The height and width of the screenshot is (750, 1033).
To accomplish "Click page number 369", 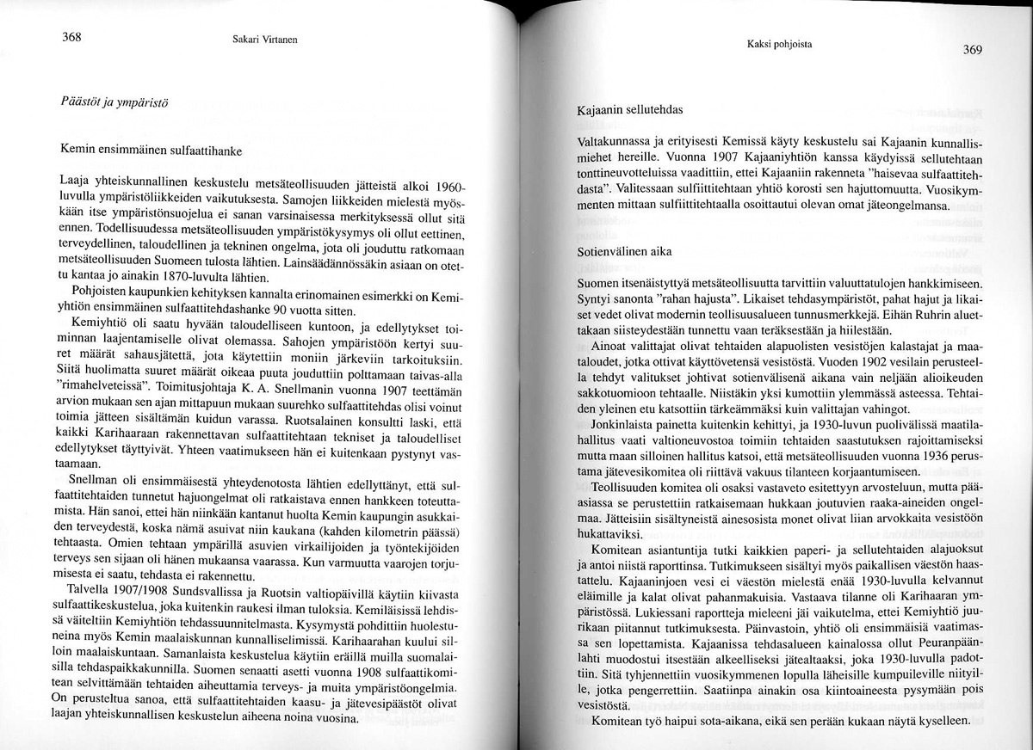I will (x=972, y=49).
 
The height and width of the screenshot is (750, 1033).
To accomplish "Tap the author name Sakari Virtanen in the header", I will (x=247, y=38).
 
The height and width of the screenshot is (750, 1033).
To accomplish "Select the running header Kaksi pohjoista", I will (x=780, y=43).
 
